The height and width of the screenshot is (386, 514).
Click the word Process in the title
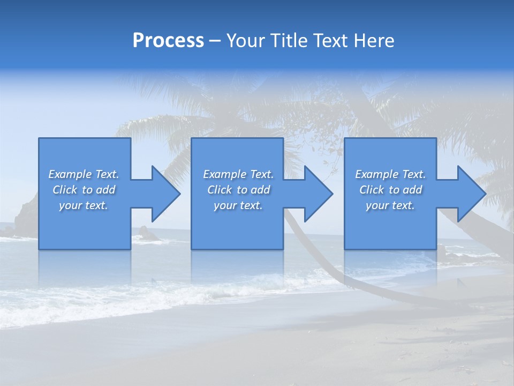click(x=168, y=41)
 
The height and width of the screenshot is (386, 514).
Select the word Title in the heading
click(x=290, y=41)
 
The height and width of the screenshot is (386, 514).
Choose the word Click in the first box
click(x=65, y=190)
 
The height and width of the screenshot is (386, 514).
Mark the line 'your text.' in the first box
click(x=84, y=205)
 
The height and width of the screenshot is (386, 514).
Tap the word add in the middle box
click(x=260, y=190)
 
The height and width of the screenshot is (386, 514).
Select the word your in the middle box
click(x=225, y=205)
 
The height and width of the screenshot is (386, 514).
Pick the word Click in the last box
click(x=372, y=190)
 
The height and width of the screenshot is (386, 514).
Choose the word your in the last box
click(x=377, y=205)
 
